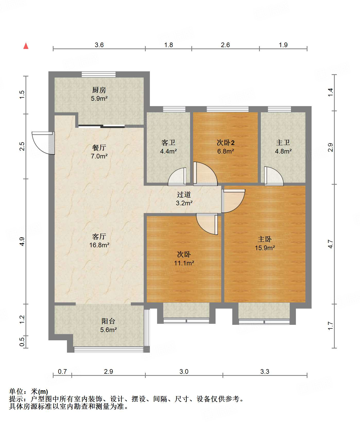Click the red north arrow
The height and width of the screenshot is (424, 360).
[x=26, y=46]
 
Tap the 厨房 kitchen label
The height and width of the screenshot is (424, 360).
[x=99, y=90]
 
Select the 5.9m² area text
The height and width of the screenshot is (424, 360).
[x=99, y=98]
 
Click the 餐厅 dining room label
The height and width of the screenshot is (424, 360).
[x=99, y=148]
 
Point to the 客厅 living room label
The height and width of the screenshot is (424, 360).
[x=99, y=236]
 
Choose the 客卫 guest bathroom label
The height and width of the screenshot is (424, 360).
[x=168, y=143]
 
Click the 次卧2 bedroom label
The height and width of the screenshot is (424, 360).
[x=226, y=143]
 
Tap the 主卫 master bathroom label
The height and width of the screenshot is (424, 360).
[x=283, y=143]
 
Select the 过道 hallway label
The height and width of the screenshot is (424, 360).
[x=184, y=195]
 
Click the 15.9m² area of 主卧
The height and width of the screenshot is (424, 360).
[x=265, y=248]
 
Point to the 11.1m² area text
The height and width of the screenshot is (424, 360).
[x=184, y=263]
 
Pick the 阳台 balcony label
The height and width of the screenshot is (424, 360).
[x=108, y=321]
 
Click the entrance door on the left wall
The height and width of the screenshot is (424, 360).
[x=43, y=143]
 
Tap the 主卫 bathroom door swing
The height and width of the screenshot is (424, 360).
[x=274, y=176]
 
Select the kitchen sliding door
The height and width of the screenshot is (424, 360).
[x=101, y=126]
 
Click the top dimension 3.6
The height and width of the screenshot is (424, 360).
[x=99, y=45]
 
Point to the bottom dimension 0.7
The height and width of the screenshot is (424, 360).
[x=62, y=371]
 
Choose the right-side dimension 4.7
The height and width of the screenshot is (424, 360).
[x=330, y=244]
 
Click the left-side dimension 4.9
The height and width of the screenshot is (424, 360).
[x=22, y=241]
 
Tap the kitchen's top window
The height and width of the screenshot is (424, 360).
[x=99, y=74]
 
